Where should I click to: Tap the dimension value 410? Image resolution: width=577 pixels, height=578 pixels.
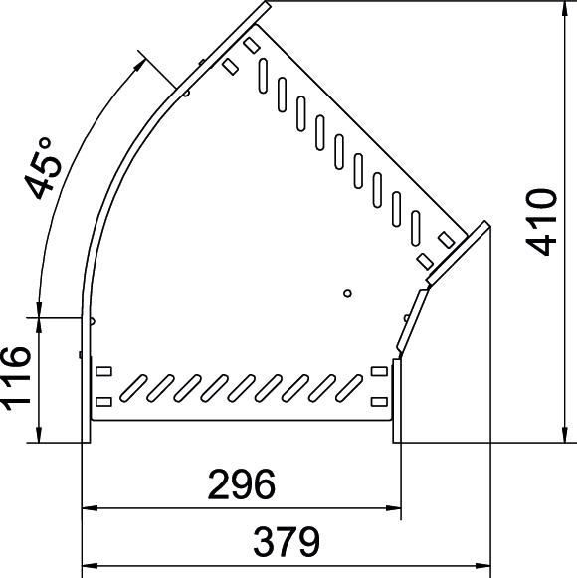(x=546, y=221)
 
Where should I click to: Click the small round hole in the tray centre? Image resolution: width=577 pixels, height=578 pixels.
(x=346, y=293)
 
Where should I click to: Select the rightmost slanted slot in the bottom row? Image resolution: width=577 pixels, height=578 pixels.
(x=349, y=385)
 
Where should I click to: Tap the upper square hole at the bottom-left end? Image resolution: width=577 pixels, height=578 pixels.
(x=103, y=372)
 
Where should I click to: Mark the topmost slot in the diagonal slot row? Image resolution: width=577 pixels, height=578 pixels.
(x=265, y=73)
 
